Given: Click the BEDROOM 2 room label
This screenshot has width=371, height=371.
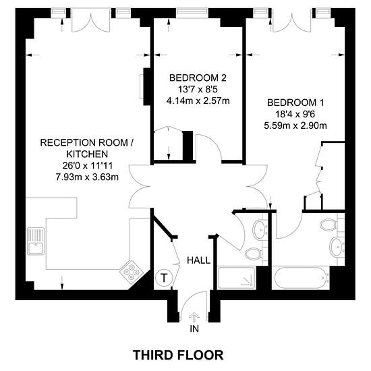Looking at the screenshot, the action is point(198,78).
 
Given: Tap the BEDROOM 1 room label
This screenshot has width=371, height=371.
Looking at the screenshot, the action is point(295,103).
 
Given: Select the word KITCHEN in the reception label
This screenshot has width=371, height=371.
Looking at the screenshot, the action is point(87,154).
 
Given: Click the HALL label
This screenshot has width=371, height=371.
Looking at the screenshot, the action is point(198,260).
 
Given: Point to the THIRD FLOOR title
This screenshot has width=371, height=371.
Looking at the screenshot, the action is point(178,355).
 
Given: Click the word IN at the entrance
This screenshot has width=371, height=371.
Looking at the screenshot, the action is point(194,329).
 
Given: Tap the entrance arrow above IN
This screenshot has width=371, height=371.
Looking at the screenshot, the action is point(194,317).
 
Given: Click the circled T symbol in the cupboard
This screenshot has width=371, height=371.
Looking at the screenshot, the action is point(164,277).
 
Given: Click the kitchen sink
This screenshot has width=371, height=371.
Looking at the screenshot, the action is point(36,241).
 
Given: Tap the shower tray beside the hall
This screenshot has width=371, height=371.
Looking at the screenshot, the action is point(237,278).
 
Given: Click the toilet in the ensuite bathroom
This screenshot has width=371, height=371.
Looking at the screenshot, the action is point(329,225).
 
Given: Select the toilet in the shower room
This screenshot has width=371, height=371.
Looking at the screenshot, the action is point(253,254).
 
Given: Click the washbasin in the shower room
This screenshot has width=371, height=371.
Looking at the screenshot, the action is point(260,230).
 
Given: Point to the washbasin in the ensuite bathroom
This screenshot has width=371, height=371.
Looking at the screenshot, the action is point(337,247).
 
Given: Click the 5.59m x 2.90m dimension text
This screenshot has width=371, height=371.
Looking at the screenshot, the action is point(295,125).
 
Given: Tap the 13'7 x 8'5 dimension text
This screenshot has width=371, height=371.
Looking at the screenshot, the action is point(198,90).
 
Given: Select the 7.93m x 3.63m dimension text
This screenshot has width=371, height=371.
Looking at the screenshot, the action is point(87,177).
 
